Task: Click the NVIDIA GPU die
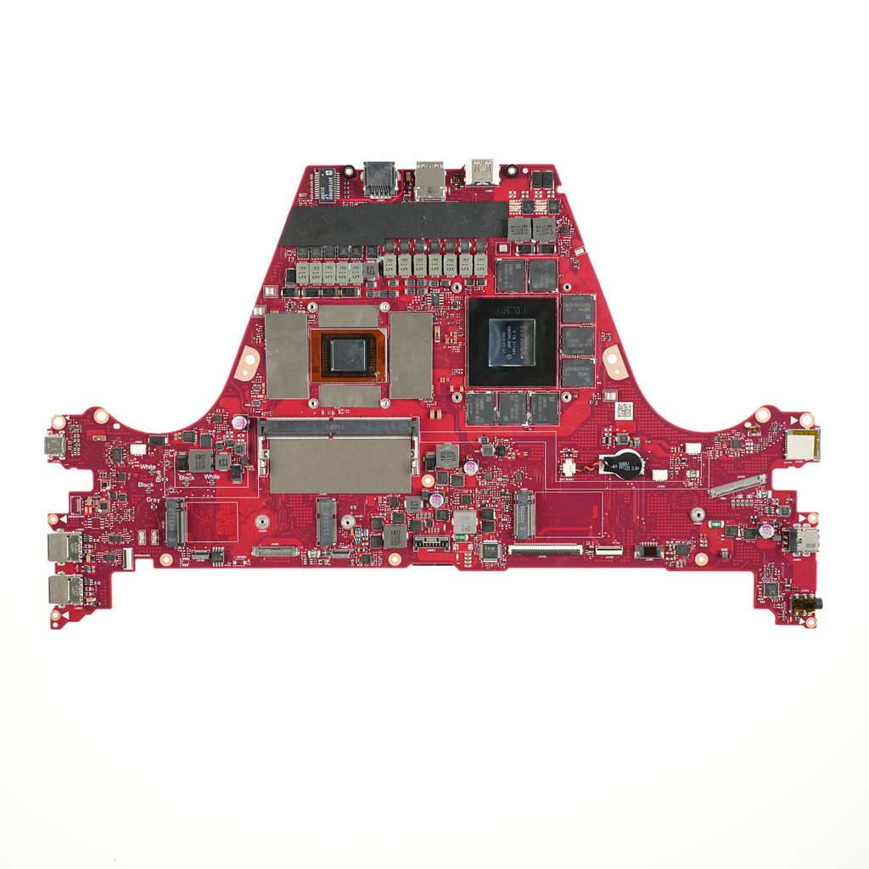pos(513,339)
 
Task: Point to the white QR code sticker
pos(624,411)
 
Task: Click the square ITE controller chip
pos(490,550)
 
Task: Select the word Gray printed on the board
pos(153,501)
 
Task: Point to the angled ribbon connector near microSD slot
pos(737,486)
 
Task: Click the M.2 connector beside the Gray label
pos(175,521)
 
